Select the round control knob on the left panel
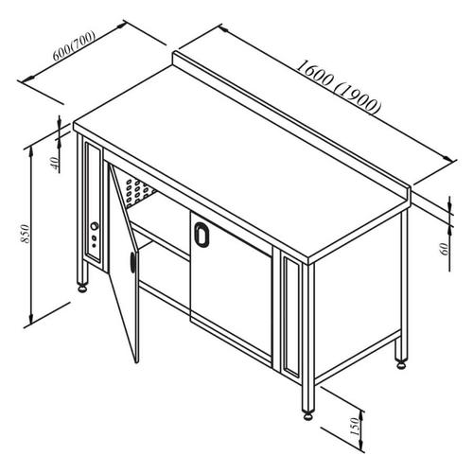click(95, 227)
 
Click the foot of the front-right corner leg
click(307, 412)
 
